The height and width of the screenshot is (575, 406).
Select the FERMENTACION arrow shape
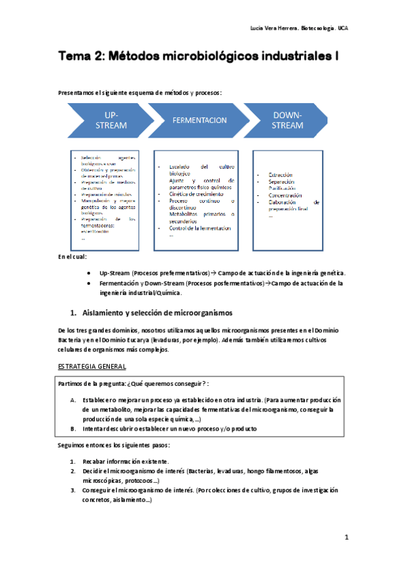[x=199, y=120]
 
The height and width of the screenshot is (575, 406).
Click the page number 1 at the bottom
[x=346, y=538]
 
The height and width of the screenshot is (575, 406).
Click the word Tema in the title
[x=74, y=58]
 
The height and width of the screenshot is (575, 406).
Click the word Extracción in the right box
[x=281, y=175]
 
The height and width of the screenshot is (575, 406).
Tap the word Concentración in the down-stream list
[x=285, y=195]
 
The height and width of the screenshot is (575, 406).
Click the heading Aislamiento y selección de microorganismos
[x=157, y=313]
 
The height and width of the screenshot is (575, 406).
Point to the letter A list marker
[x=73, y=400]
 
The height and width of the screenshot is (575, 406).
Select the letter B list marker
[x=73, y=429]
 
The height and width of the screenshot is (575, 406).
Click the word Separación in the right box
[x=282, y=182]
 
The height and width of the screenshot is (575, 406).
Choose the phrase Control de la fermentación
[x=201, y=228]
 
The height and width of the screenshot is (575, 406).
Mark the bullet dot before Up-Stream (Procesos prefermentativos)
[x=90, y=272]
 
